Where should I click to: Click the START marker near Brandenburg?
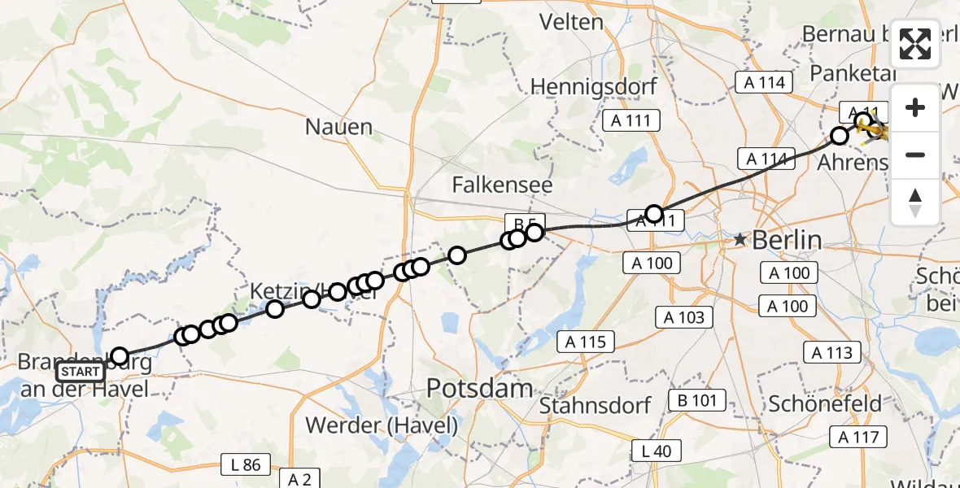(x=81, y=373)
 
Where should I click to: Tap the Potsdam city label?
(x=481, y=389)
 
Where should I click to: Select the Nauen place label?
(x=339, y=127)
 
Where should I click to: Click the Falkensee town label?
(x=502, y=185)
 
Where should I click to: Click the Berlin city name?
(x=787, y=240)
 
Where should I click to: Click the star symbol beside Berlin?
(x=740, y=240)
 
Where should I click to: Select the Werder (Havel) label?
(x=382, y=425)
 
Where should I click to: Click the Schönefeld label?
(x=825, y=403)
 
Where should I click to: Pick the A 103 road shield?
(x=685, y=317)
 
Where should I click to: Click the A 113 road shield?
(x=832, y=352)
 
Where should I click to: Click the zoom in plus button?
(x=915, y=107)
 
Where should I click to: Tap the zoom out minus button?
(x=915, y=155)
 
